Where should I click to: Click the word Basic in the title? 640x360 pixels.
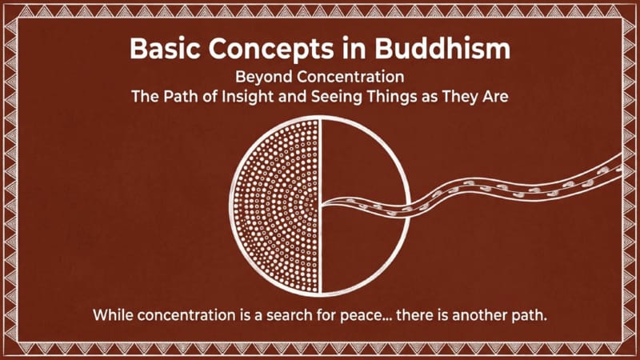(165, 49)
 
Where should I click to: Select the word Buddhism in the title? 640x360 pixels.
(442, 49)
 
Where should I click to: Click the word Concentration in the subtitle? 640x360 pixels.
(350, 77)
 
